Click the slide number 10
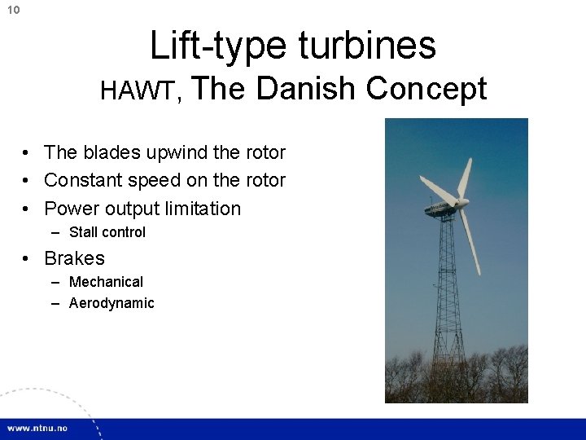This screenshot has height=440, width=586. pyautogui.click(x=12, y=10)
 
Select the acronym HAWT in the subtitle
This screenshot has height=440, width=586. pyautogui.click(x=136, y=91)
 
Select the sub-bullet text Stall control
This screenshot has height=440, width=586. pyautogui.click(x=107, y=232)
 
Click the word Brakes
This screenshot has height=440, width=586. pyautogui.click(x=74, y=258)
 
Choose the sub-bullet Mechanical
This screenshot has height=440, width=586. pyautogui.click(x=106, y=282)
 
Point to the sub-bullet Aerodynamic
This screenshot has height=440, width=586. pyautogui.click(x=112, y=303)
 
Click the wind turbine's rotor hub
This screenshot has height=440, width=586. pyautogui.click(x=461, y=201)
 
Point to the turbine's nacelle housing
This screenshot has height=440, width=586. pyautogui.click(x=440, y=200)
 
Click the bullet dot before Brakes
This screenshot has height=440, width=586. pyautogui.click(x=27, y=259)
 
